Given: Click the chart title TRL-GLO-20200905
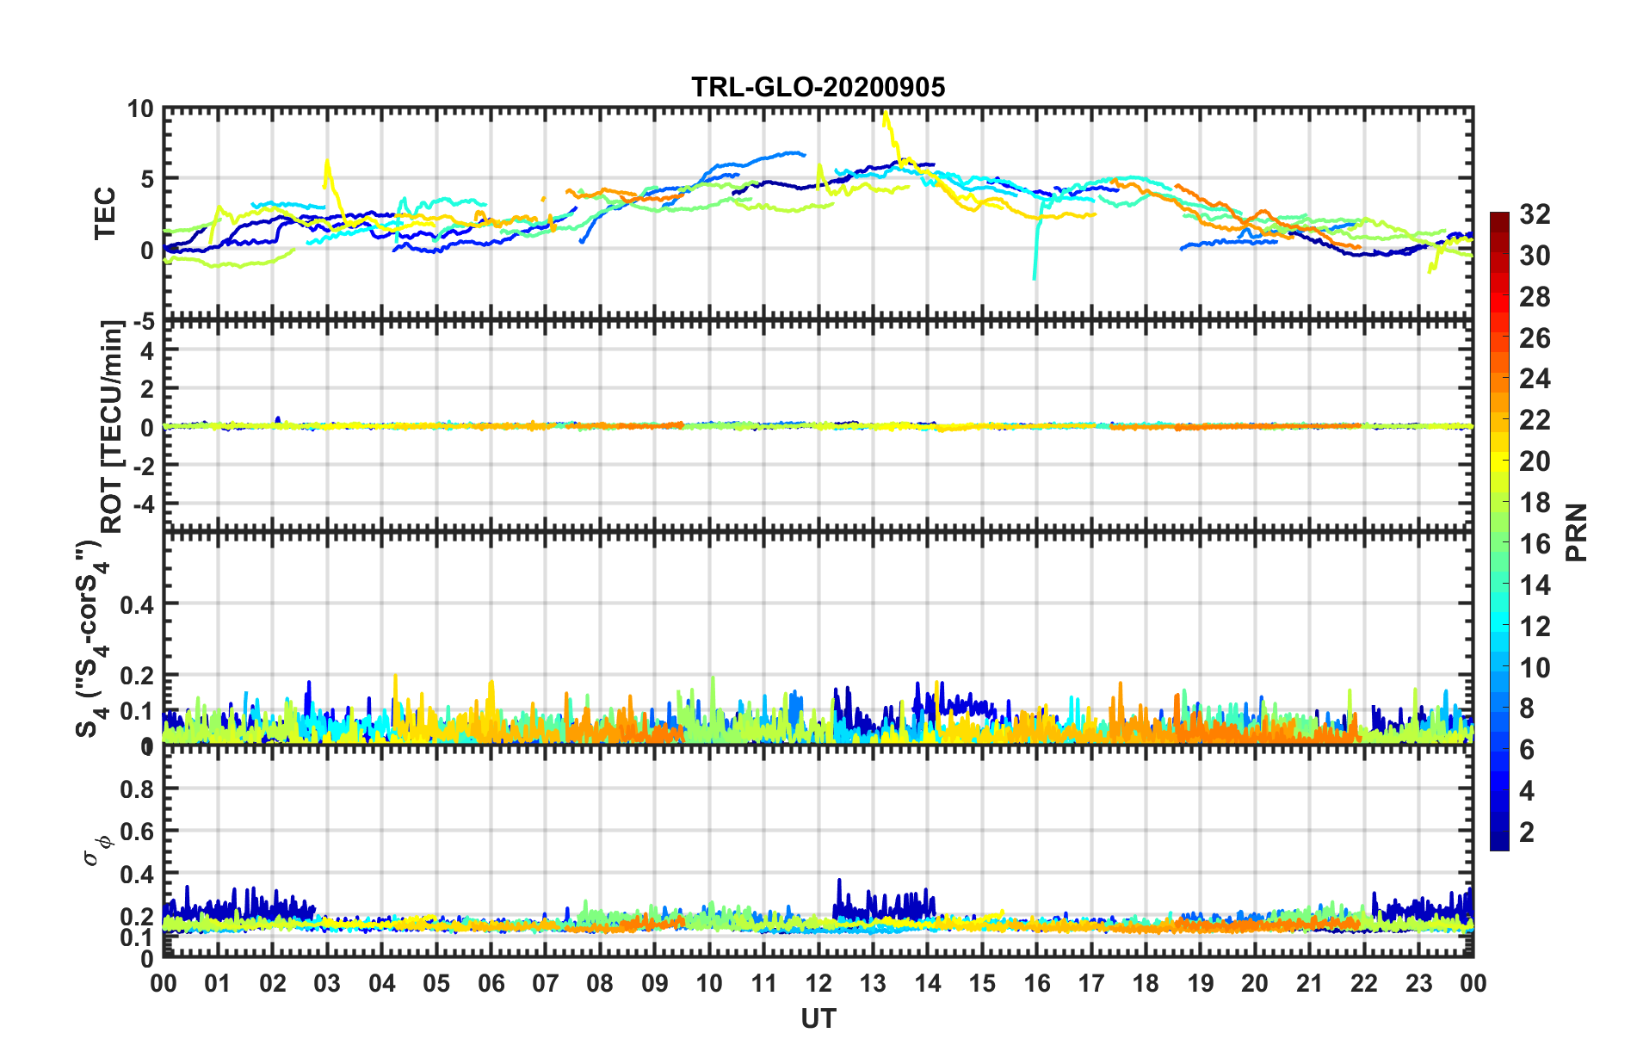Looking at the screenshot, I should coord(818,87).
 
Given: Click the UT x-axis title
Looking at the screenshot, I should coord(818,1019).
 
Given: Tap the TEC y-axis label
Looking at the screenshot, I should coord(105,213).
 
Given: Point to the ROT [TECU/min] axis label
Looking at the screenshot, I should coord(112,427).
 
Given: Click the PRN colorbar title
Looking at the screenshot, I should coord(1577,532).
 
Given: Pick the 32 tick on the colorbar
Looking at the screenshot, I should coord(1535,214).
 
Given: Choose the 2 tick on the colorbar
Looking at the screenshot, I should coord(1527,832).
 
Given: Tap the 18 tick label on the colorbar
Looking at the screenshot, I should coord(1535,503).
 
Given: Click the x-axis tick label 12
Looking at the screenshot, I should coord(818,983).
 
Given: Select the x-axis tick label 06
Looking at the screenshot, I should coord(491,983).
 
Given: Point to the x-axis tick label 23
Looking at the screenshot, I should coord(1418,983).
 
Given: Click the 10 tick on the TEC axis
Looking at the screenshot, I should coord(140,109).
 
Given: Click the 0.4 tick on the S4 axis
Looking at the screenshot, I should coord(136,604).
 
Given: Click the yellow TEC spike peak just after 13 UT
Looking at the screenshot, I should coord(886,112).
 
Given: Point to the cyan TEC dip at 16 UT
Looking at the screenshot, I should coord(1034,277).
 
